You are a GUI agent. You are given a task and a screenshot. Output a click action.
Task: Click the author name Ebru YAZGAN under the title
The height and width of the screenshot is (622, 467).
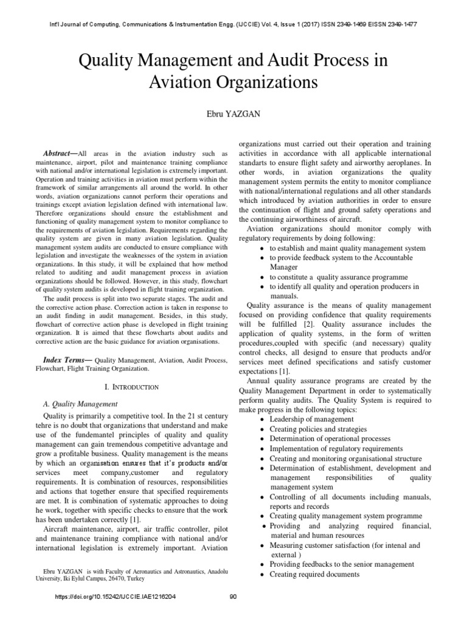tap(233, 112)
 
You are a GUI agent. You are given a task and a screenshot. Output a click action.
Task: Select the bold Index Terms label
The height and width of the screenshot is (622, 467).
tap(65, 360)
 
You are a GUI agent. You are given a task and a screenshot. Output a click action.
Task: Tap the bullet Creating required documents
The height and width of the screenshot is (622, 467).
tap(314, 574)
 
